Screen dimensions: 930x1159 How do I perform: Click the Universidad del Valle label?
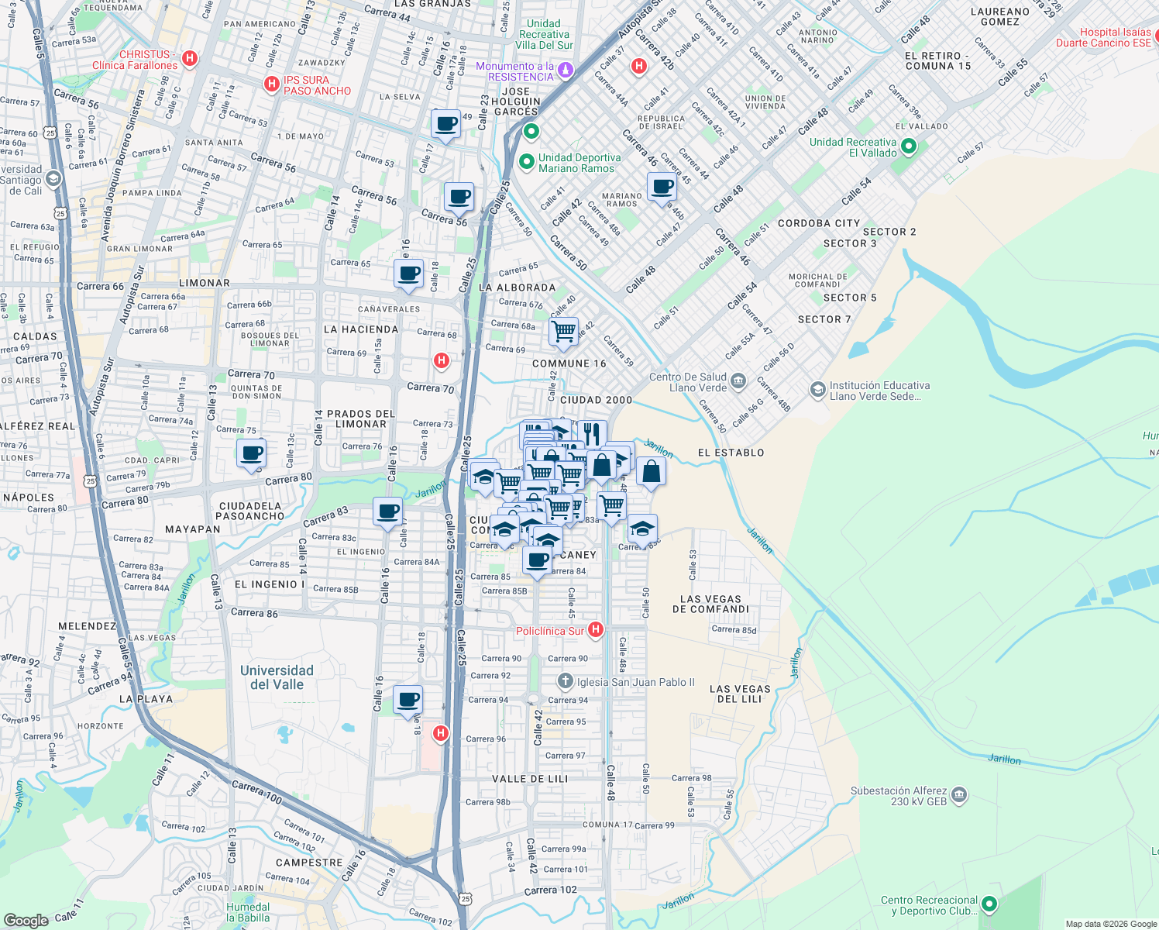[277, 677]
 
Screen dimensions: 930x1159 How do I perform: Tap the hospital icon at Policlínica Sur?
[595, 629]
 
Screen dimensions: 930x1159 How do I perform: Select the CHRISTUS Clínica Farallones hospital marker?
[190, 59]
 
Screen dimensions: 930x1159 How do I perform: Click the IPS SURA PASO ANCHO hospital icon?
[271, 84]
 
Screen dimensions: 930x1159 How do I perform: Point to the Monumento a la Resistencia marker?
[566, 71]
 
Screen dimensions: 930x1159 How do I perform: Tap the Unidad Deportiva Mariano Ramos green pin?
[526, 162]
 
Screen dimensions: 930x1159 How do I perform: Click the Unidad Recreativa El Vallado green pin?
[909, 146]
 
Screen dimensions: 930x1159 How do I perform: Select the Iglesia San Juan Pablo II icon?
[566, 682]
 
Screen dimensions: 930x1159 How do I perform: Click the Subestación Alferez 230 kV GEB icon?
[959, 794]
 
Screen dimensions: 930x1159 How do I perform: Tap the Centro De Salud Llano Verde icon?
[738, 381]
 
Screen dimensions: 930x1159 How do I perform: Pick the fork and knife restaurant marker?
[592, 433]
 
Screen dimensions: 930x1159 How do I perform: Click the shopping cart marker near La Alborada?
[563, 331]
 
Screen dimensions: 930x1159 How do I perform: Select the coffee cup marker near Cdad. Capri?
[251, 454]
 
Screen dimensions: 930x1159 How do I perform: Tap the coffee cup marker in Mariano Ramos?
[662, 188]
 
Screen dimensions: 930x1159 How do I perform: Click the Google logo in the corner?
[26, 920]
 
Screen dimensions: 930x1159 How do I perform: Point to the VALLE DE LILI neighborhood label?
[530, 779]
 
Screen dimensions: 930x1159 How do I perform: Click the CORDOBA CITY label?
[818, 223]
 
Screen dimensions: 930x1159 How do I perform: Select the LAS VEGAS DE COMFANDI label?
[711, 604]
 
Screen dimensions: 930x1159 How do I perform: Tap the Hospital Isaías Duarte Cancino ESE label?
[1103, 37]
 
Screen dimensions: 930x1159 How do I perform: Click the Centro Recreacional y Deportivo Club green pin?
[989, 904]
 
